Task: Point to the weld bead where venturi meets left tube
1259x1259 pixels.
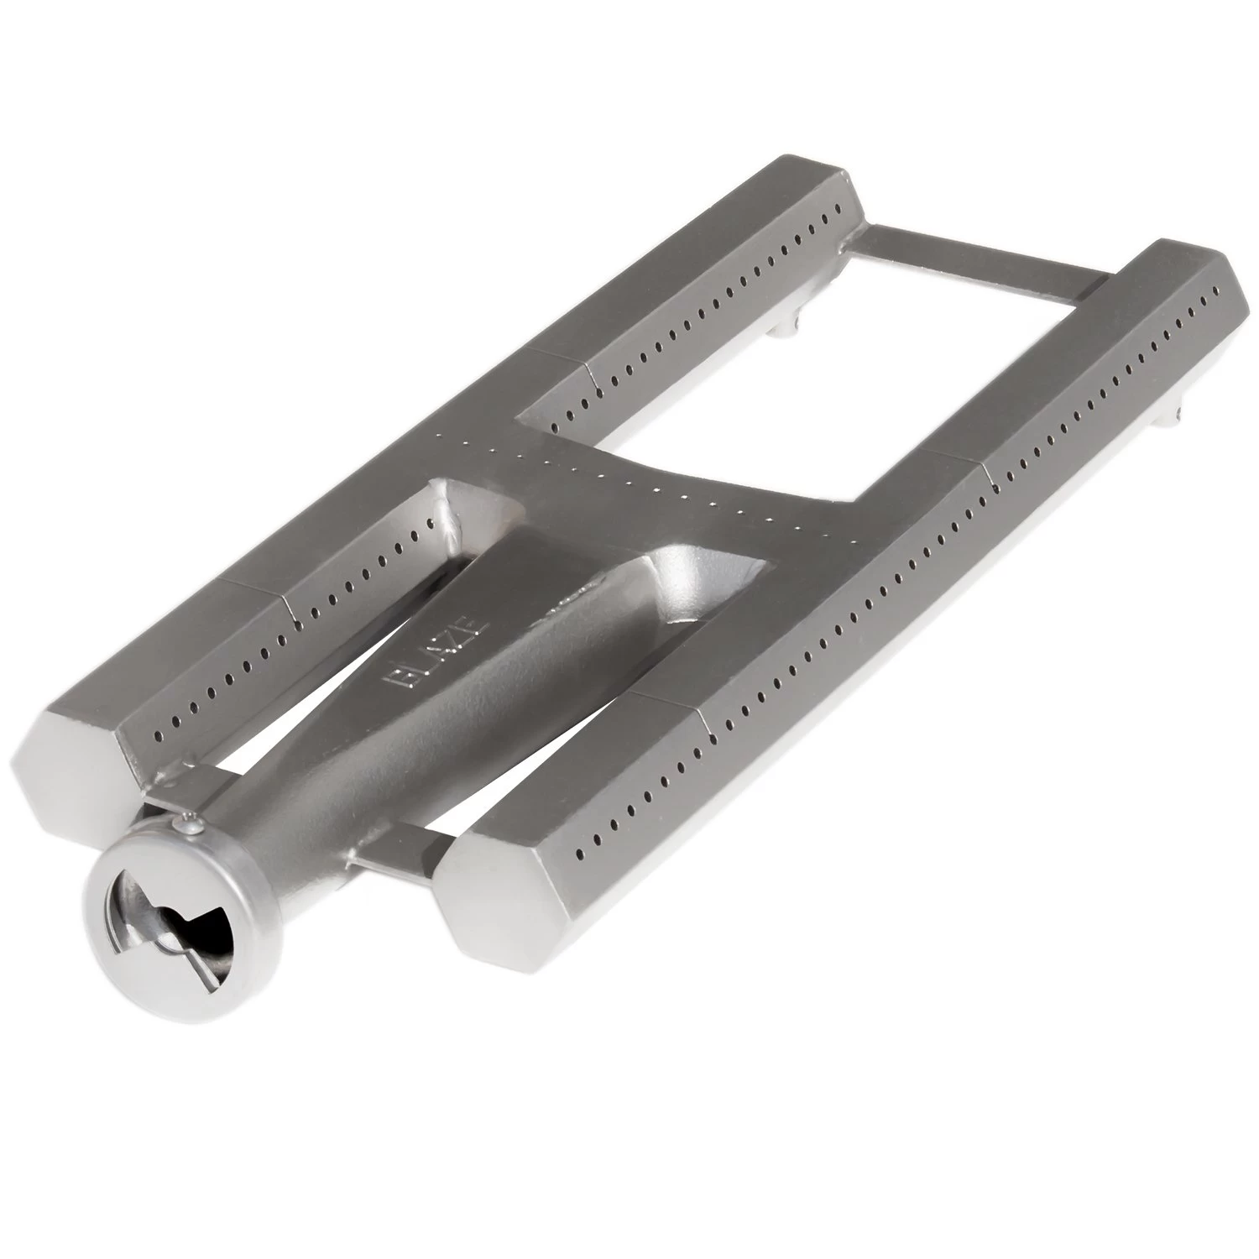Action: click(x=449, y=520)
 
